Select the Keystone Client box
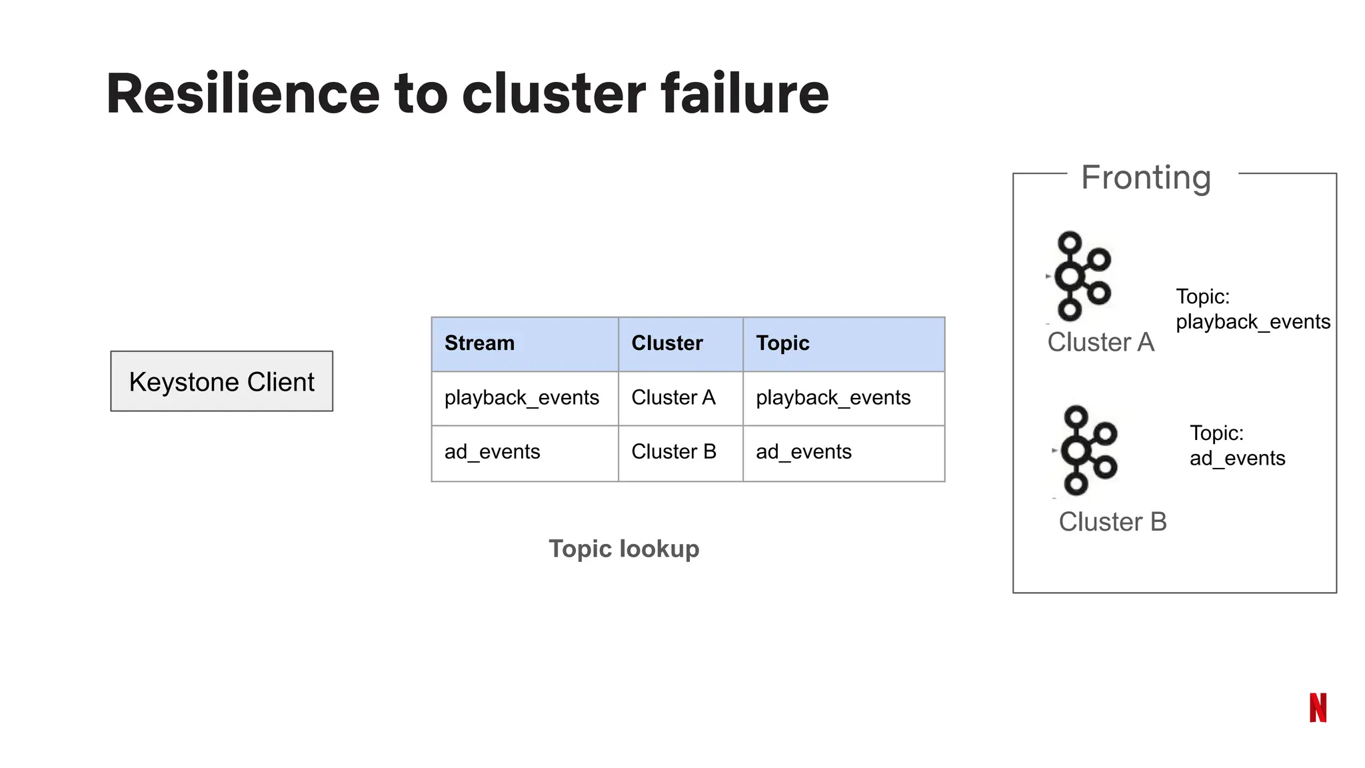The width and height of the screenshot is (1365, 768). (221, 381)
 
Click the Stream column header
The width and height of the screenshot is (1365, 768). (479, 343)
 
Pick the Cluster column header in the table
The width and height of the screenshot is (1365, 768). (667, 343)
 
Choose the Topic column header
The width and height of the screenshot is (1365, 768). (782, 343)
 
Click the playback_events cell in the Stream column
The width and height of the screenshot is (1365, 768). (522, 398)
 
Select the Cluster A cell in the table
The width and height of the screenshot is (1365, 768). (673, 398)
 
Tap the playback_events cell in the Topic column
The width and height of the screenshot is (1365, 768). (833, 398)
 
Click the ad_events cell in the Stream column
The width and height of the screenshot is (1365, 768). (492, 452)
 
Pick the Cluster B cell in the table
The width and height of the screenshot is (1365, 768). (673, 452)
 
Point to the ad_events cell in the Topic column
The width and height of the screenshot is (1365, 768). (804, 452)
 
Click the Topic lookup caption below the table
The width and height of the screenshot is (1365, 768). (624, 549)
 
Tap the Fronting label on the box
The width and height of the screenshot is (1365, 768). (1146, 177)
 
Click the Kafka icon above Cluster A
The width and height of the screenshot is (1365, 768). (1080, 276)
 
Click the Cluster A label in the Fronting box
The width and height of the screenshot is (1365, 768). (1100, 343)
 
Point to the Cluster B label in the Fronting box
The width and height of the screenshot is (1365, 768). (1112, 522)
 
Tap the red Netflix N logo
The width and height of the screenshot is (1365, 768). (1318, 708)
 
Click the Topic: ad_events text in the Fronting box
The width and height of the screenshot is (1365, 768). (1236, 446)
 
